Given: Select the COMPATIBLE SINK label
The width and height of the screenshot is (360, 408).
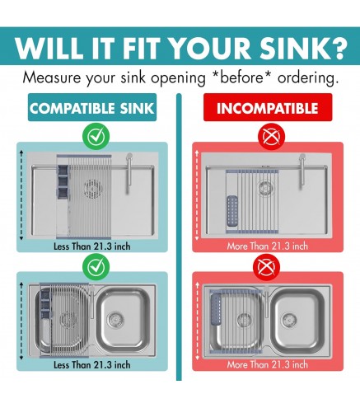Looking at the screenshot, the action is click(92, 107).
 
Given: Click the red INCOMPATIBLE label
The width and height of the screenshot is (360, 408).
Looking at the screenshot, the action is click(268, 107).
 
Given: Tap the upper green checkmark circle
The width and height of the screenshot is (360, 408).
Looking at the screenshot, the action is click(96, 137).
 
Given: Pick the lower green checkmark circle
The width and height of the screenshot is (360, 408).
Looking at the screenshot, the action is click(96, 267).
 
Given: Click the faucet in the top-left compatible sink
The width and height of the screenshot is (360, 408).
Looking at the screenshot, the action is click(129, 173).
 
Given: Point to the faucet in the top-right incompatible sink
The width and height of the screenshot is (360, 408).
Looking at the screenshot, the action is click(302, 171).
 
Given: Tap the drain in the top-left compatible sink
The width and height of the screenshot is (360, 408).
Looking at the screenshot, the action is click(94, 189).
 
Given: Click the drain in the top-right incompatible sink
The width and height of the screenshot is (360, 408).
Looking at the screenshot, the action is click(264, 187).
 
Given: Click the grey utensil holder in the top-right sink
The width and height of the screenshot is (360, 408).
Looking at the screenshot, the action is click(232, 211).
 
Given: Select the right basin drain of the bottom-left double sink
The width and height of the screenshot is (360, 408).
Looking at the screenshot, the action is click(115, 319).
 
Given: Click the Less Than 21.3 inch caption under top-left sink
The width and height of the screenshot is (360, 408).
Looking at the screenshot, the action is click(92, 246).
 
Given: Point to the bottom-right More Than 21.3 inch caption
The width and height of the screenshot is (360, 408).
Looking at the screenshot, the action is click(268, 365).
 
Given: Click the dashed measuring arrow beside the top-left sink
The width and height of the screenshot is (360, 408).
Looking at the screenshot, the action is click(21, 195).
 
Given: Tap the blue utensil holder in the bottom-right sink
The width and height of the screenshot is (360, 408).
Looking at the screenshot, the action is click(215, 309).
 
